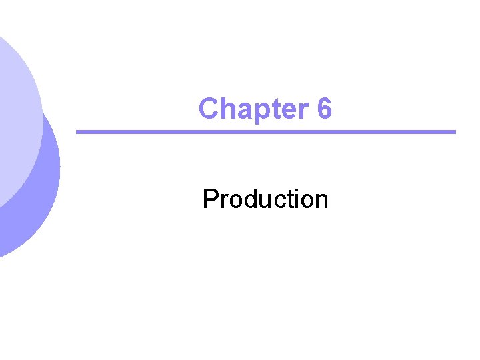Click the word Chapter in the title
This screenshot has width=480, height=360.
(x=250, y=109)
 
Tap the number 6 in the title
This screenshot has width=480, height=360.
(x=324, y=109)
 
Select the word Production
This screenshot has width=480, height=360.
(x=265, y=199)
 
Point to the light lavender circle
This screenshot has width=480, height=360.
(x=13, y=120)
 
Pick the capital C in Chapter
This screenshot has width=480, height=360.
(x=209, y=109)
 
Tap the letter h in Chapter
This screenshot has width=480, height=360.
(x=227, y=109)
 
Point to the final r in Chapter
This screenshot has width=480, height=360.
(x=295, y=110)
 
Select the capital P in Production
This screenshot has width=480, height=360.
(x=210, y=199)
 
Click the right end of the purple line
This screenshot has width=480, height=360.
(x=453, y=132)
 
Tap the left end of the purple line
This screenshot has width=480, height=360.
(x=79, y=132)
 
